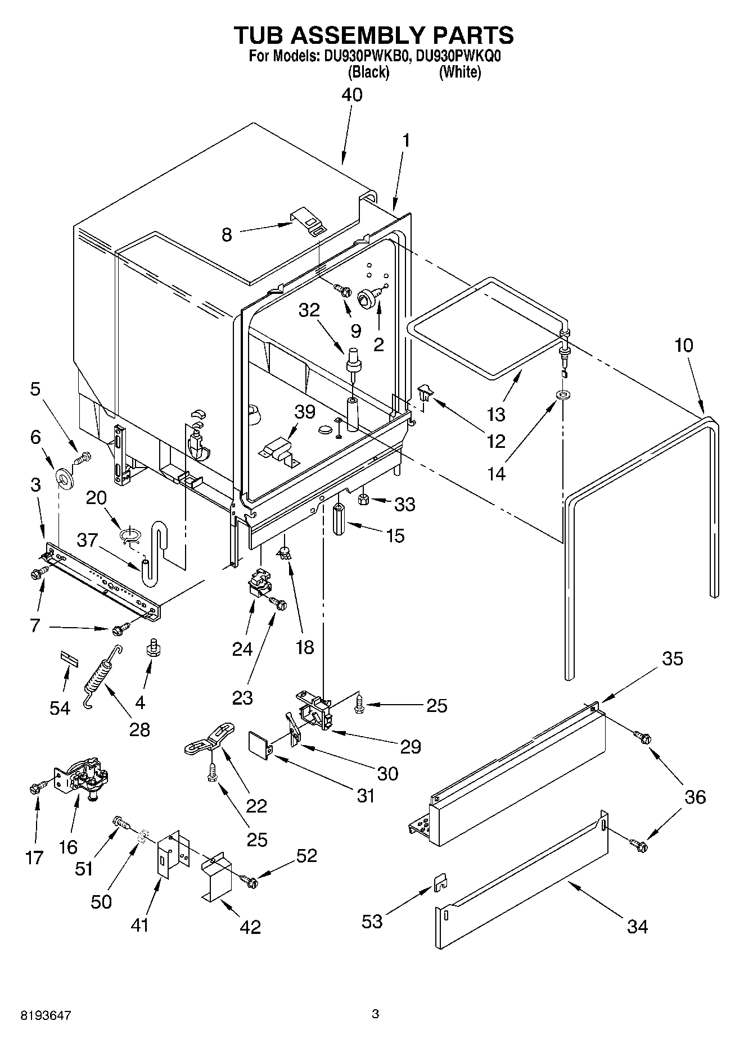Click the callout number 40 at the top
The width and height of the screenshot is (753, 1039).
[x=352, y=95]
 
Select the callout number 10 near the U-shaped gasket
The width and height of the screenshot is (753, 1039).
[x=684, y=345]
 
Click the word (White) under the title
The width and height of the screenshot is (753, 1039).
[x=459, y=72]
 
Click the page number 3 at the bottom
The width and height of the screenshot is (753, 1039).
[x=375, y=1014]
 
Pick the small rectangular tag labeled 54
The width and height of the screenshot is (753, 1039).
[x=68, y=659]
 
